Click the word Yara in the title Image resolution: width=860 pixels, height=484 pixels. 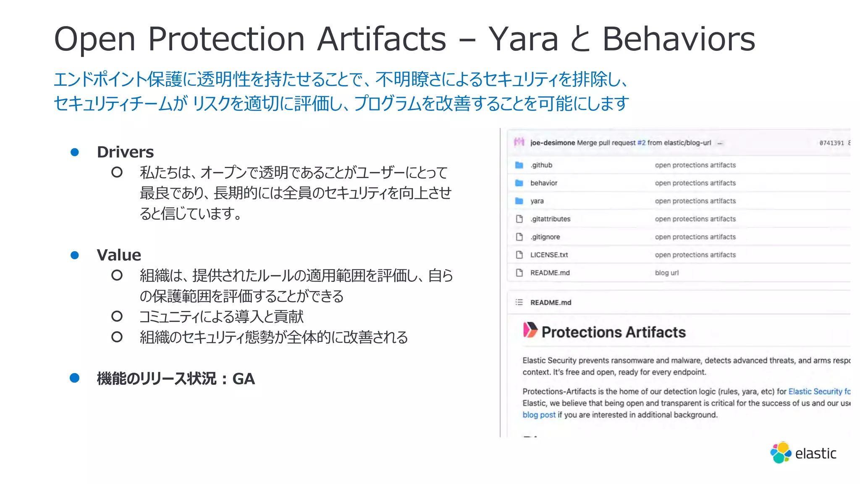[523, 39]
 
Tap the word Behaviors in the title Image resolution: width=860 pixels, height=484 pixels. [679, 39]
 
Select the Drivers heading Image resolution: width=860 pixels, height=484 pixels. [125, 152]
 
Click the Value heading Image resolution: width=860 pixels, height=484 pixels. [119, 255]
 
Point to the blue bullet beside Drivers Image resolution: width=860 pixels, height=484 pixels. [75, 152]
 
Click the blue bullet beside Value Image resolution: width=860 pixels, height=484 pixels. [75, 255]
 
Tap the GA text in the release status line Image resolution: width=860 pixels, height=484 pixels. [244, 379]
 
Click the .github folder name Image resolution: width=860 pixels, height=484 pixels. [541, 165]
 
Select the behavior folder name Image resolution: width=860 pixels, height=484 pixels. [544, 183]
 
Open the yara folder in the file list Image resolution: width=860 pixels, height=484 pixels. [537, 201]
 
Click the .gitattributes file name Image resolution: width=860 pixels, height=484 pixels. [550, 219]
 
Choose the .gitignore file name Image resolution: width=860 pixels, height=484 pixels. [545, 237]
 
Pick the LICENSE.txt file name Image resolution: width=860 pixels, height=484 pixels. [549, 255]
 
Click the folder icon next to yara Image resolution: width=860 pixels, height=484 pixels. [519, 201]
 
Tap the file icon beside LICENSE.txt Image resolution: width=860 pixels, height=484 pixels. [519, 255]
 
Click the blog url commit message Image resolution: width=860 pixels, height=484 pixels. [666, 273]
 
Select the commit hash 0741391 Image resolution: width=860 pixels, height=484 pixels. [831, 143]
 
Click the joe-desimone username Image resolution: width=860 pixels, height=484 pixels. [552, 143]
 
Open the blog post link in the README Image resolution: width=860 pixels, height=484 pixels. [539, 415]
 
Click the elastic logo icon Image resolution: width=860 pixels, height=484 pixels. [780, 453]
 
